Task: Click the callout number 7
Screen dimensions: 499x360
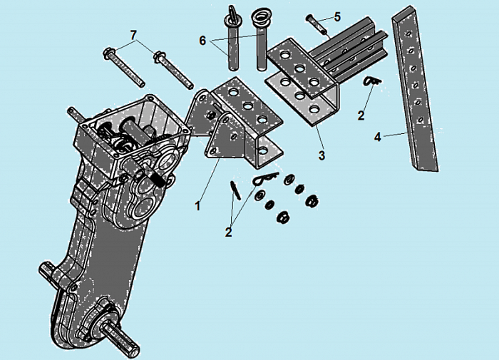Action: click(134, 35)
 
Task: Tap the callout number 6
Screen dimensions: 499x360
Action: click(202, 41)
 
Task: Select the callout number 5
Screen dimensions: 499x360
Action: click(337, 16)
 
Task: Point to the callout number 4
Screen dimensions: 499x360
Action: click(377, 137)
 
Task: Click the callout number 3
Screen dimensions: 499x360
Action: click(321, 155)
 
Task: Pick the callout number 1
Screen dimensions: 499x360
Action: click(197, 206)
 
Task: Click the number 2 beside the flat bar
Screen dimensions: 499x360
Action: click(361, 115)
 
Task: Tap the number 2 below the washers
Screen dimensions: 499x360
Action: click(228, 232)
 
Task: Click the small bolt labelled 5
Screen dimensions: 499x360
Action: click(317, 24)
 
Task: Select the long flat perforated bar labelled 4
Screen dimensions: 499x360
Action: click(416, 89)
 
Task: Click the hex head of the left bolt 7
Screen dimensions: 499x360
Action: click(110, 53)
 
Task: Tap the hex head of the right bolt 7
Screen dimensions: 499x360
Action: click(160, 58)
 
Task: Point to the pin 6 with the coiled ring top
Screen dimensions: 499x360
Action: click(262, 40)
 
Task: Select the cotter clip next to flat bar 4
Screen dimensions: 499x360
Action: click(372, 81)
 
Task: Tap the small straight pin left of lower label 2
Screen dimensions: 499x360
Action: click(236, 190)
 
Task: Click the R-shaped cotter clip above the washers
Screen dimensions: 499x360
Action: click(266, 178)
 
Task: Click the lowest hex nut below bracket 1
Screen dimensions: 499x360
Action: click(282, 217)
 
